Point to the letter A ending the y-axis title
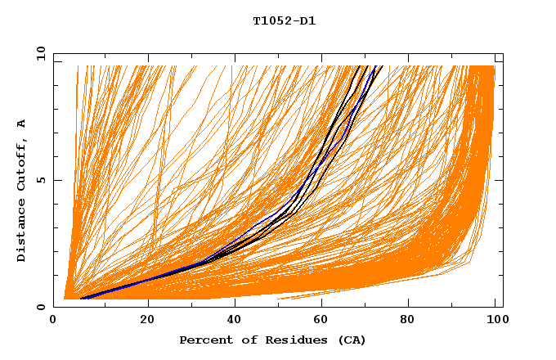(21, 124)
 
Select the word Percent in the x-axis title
(204, 340)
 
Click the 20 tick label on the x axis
(147, 321)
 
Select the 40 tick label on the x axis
(235, 321)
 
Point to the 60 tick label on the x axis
(321, 321)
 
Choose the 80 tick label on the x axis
(408, 321)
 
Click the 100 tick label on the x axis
(495, 321)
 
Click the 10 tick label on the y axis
(38, 53)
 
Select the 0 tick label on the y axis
(41, 307)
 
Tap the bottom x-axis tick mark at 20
(147, 304)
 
